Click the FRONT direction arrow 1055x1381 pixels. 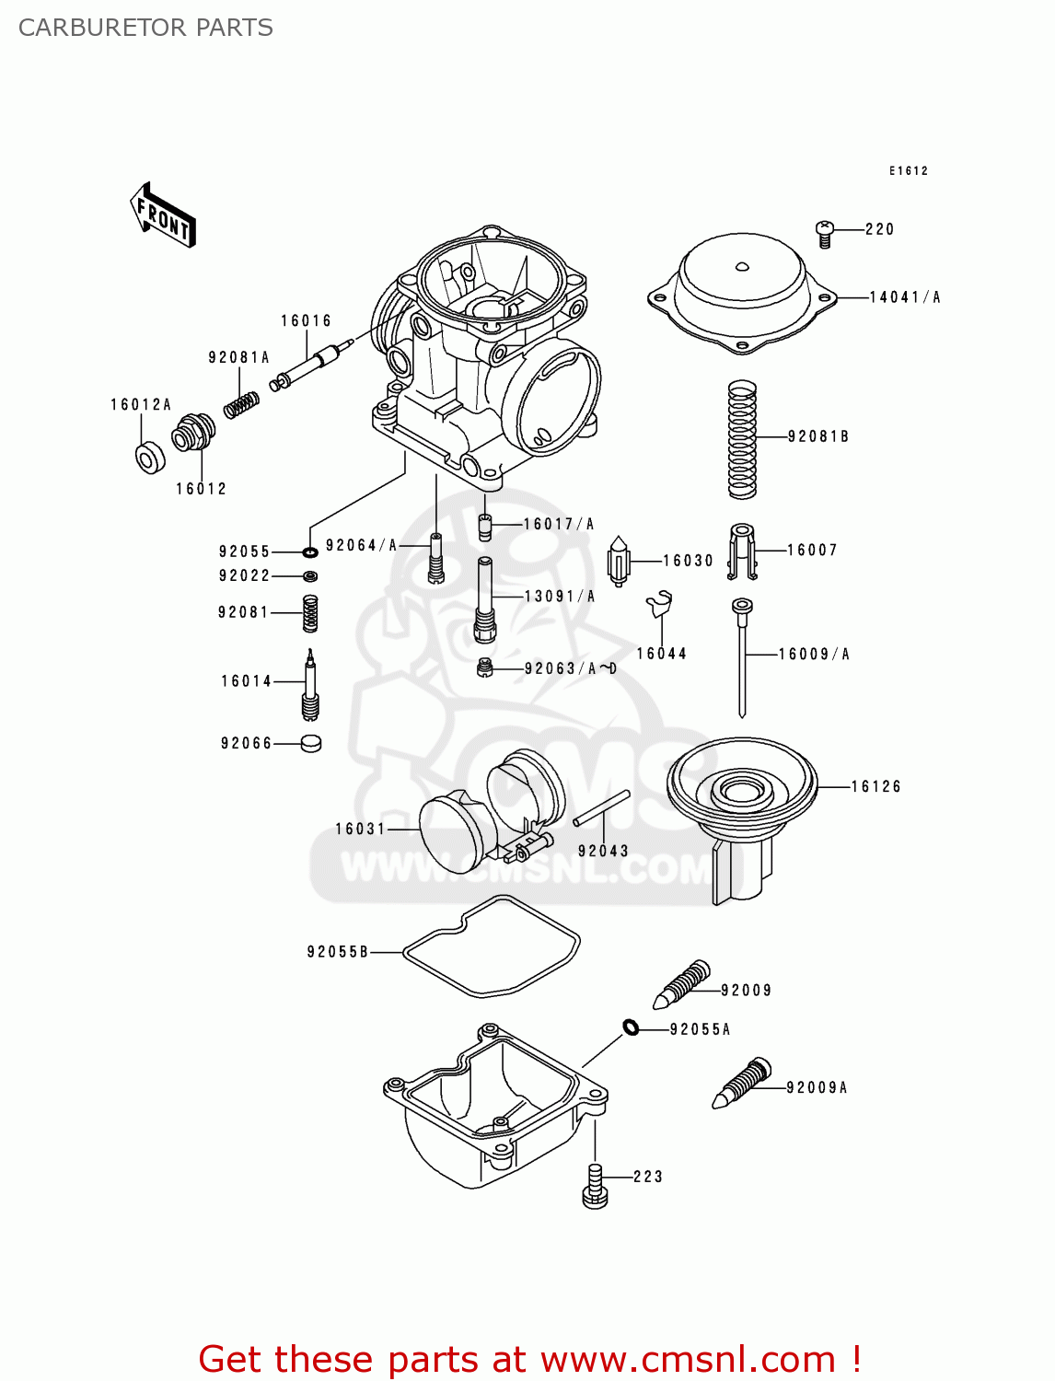click(x=163, y=215)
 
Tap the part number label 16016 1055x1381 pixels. click(x=306, y=321)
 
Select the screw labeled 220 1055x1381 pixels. click(x=825, y=234)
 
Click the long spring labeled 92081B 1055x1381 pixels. click(x=742, y=440)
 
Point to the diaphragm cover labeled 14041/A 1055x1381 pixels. click(x=742, y=290)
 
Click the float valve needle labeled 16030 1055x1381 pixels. click(x=620, y=560)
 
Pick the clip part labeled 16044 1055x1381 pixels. click(x=659, y=604)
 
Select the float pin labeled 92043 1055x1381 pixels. click(x=601, y=808)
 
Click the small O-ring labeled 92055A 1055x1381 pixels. click(x=631, y=1027)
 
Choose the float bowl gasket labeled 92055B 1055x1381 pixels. click(x=493, y=946)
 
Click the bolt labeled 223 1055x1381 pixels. click(x=595, y=1186)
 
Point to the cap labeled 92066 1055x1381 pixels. click(x=311, y=743)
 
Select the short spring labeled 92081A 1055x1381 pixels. click(x=241, y=404)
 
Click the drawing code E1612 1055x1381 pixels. click(x=909, y=171)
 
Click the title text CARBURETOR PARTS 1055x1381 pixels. click(x=145, y=28)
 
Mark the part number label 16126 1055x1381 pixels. click(x=875, y=787)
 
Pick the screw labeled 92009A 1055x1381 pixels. click(x=742, y=1083)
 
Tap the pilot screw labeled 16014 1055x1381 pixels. click(x=310, y=685)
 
